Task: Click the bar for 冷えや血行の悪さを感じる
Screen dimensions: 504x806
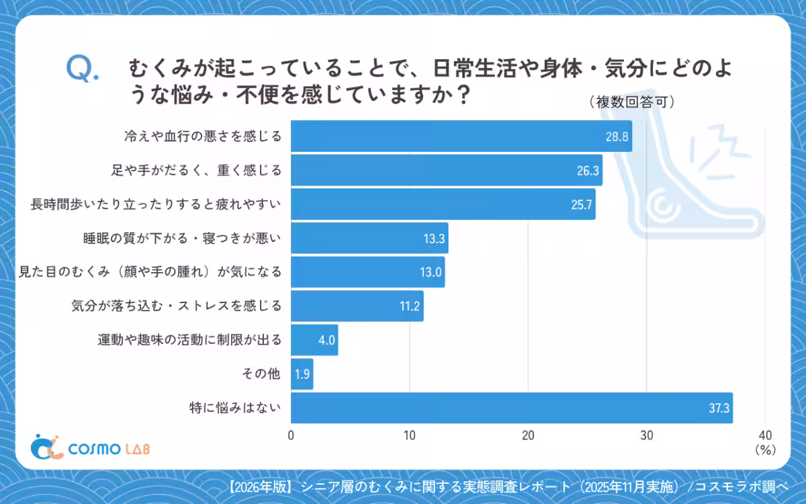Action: [461, 136]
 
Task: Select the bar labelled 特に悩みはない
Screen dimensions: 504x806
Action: [511, 407]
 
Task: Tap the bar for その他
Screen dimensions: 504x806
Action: [302, 374]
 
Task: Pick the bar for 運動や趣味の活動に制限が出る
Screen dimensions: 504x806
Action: [314, 339]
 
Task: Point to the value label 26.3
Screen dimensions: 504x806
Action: [587, 171]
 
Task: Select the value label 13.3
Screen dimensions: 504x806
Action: [433, 239]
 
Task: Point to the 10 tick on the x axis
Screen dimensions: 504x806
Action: [410, 435]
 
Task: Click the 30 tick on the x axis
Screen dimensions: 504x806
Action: [646, 435]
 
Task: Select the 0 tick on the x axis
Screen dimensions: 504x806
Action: [291, 435]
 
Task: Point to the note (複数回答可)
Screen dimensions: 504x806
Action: [631, 102]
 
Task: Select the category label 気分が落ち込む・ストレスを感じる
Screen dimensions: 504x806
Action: [176, 306]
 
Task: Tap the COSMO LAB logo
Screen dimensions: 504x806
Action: [91, 448]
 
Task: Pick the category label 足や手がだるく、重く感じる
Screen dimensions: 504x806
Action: [196, 170]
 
